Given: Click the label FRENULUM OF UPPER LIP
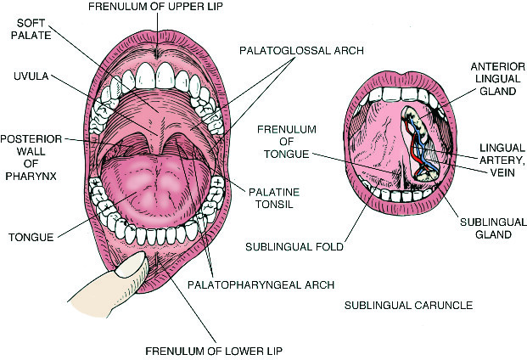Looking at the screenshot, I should click(175, 8).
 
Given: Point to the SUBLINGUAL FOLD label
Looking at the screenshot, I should click(294, 248).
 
